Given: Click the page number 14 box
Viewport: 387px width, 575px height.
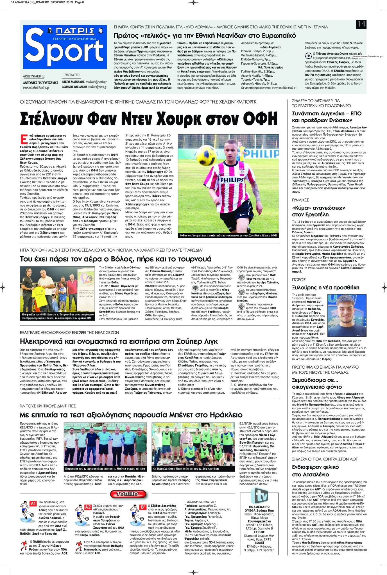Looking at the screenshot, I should tap(361, 24).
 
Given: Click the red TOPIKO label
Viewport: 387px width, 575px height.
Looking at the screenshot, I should tap(128, 494).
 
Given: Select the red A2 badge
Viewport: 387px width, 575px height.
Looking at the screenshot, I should tap(88, 507).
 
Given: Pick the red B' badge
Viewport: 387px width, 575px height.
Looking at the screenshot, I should tap(143, 507).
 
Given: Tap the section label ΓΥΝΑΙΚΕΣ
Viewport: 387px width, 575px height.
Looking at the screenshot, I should tap(300, 200).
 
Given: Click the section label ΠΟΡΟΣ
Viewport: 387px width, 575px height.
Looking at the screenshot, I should tap(298, 280).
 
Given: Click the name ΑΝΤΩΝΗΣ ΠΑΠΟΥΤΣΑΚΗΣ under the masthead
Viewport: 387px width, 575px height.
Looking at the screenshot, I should tap(40, 83).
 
